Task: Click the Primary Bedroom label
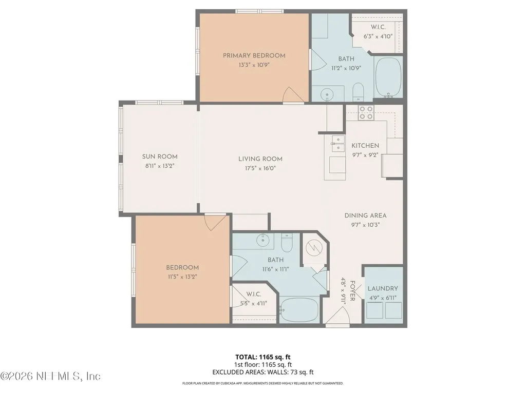point(254,55)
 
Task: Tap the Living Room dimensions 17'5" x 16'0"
point(260,168)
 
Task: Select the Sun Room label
point(160,156)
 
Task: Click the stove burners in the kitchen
point(366,112)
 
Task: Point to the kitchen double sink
point(338,144)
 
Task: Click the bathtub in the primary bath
point(388,77)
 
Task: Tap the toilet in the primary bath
point(358,92)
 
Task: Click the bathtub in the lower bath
point(299,309)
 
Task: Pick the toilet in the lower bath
point(287,243)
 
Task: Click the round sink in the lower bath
point(262,240)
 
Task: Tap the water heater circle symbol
point(314,248)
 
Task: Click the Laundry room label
point(383,288)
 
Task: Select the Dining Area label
point(365,215)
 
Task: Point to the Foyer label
point(352,291)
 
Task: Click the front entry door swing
point(338,316)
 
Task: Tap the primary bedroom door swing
point(294,95)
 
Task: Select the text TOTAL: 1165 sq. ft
point(262,357)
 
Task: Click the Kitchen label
point(365,145)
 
